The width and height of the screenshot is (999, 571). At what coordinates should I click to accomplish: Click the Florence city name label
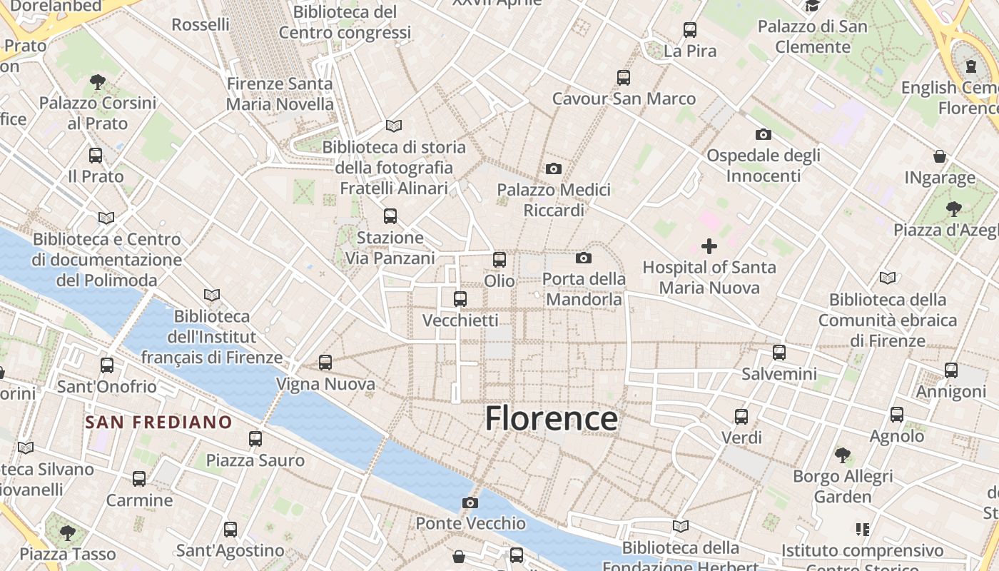[x=551, y=418]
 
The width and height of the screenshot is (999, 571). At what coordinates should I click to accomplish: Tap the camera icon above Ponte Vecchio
[x=470, y=502]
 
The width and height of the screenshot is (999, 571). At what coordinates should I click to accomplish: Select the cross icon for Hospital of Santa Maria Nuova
[x=709, y=246]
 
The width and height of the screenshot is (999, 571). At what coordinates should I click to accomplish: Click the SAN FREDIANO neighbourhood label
[x=159, y=422]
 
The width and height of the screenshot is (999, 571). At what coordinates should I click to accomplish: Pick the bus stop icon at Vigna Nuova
[x=325, y=363]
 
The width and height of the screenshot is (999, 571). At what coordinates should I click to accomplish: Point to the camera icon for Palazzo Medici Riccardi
[x=553, y=168]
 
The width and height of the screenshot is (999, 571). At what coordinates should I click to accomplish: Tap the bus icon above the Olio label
[x=499, y=260]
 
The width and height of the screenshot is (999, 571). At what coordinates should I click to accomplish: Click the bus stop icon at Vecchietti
[x=460, y=299]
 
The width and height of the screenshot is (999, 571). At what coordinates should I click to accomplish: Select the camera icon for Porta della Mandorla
[x=584, y=258]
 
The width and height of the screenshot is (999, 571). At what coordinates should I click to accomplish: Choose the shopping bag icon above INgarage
[x=940, y=156]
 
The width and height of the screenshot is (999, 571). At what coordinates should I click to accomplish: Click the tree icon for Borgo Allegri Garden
[x=843, y=455]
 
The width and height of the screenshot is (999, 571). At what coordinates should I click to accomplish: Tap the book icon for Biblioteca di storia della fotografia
[x=393, y=126]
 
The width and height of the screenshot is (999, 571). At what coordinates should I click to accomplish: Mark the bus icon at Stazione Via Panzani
[x=390, y=216]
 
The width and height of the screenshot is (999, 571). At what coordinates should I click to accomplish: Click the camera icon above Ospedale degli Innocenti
[x=763, y=134]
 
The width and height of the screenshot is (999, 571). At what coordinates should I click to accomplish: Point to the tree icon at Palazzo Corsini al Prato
[x=98, y=82]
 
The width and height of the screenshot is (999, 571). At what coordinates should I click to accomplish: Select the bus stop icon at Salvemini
[x=779, y=353]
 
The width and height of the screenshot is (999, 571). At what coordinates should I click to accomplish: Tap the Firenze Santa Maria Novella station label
[x=280, y=94]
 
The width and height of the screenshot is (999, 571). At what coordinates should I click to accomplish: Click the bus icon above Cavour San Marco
[x=624, y=77]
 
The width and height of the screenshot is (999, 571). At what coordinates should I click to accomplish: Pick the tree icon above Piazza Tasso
[x=68, y=532]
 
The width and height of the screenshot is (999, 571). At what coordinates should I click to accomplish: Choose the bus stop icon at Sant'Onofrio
[x=107, y=365]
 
